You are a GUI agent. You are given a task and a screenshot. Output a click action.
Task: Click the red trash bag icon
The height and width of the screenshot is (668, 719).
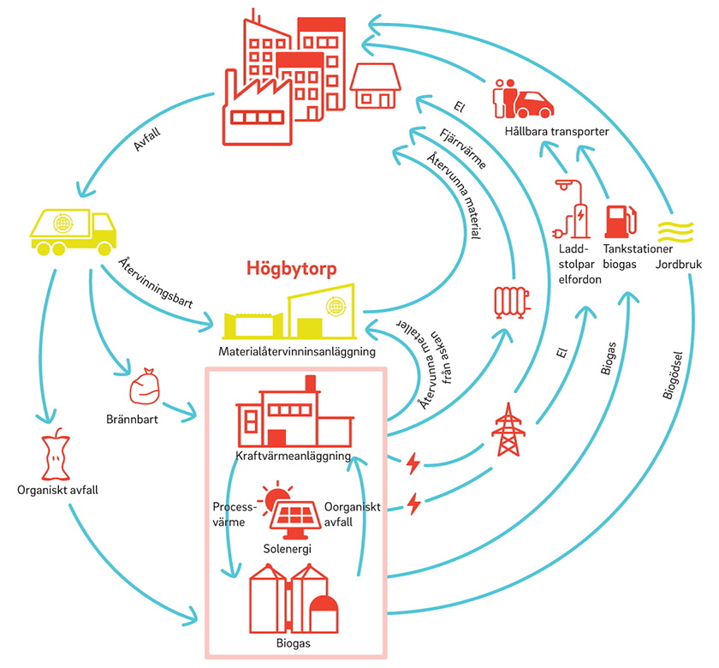(x=146, y=387)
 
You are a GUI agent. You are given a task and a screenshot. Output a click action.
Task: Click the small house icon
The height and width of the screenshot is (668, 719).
(x=376, y=86)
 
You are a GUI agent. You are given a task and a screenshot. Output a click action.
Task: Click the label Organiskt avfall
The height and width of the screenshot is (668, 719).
(x=54, y=491)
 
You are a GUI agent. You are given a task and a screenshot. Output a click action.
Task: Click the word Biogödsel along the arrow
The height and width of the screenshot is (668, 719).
(x=673, y=374)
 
